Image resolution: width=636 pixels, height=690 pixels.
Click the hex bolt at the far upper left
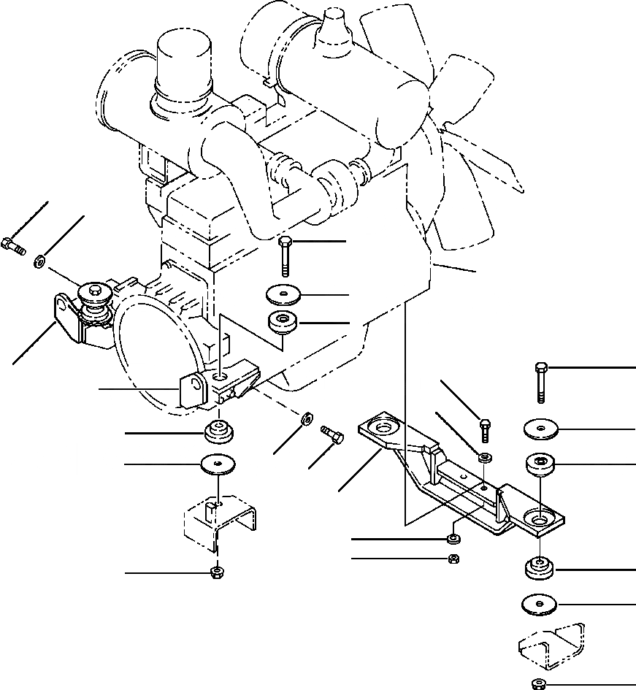(x=14, y=246)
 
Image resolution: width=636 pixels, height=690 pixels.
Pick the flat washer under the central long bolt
(x=283, y=295)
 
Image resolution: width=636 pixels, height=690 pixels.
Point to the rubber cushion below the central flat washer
(x=282, y=321)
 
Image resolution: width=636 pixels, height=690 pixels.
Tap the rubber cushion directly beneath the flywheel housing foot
(x=217, y=432)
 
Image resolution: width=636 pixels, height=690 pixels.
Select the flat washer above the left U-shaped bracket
(x=218, y=464)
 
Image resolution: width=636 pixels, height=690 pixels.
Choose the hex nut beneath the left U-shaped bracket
(x=217, y=572)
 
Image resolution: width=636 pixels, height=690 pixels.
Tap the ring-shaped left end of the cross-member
(x=380, y=427)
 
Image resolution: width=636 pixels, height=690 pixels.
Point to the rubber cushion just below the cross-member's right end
(x=538, y=568)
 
